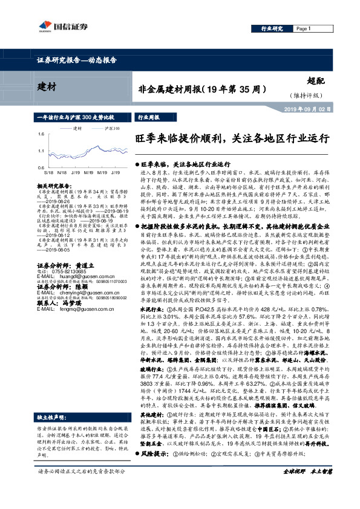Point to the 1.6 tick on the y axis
41,134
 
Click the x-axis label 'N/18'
62,172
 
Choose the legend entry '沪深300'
112,128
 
